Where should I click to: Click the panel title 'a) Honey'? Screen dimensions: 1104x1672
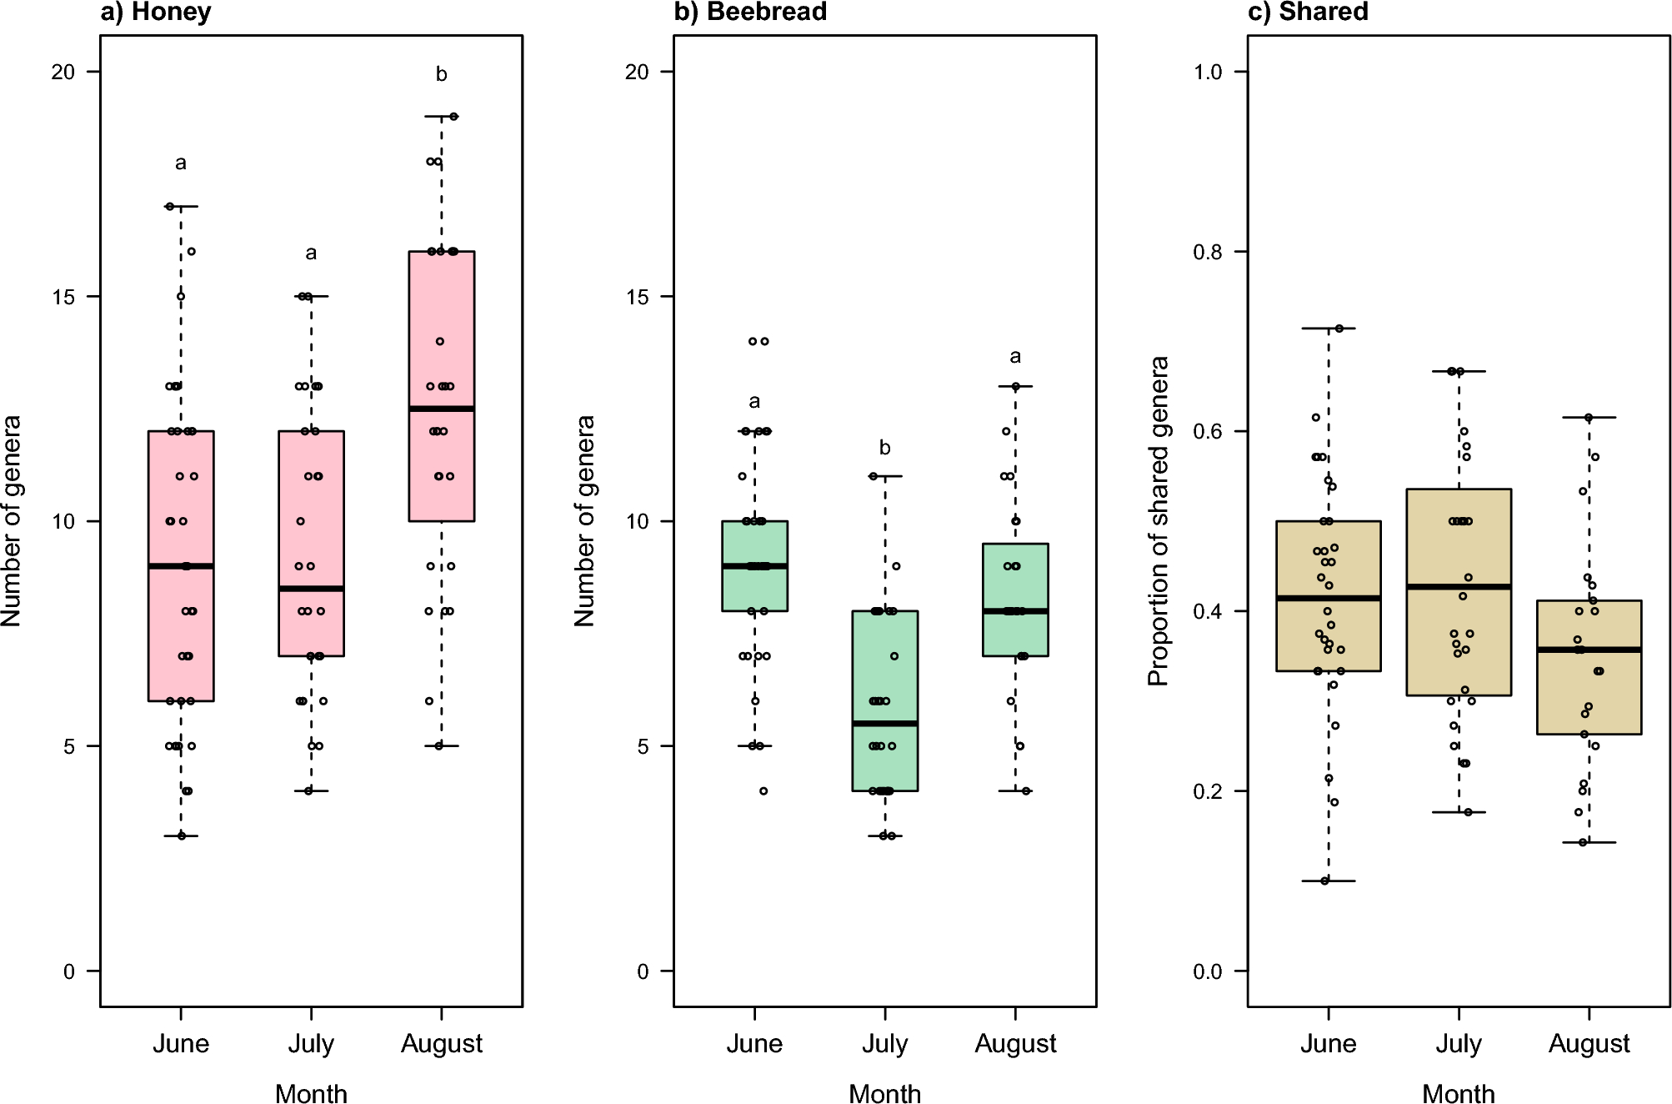[156, 13]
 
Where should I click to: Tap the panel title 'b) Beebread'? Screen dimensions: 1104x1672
[750, 13]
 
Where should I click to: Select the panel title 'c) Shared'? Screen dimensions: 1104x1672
[1309, 13]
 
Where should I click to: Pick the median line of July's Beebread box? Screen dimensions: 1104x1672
[884, 723]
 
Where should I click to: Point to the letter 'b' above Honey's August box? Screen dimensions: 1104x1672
[441, 74]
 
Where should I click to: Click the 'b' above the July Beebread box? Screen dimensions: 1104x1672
[884, 448]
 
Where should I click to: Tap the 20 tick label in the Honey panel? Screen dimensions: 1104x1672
[63, 72]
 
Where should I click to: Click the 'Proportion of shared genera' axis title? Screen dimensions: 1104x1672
[1159, 521]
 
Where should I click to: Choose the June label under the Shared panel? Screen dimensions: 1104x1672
[1328, 1043]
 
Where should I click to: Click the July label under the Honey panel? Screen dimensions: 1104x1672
[311, 1043]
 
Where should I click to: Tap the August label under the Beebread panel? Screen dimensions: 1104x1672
[1015, 1043]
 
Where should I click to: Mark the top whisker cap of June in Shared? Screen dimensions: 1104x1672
[1328, 329]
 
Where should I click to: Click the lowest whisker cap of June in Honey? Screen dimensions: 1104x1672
[181, 836]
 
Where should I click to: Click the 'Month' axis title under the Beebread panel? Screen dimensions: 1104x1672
[884, 1093]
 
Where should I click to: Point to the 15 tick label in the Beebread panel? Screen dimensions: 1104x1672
[637, 297]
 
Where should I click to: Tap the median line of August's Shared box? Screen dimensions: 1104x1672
[1589, 650]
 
